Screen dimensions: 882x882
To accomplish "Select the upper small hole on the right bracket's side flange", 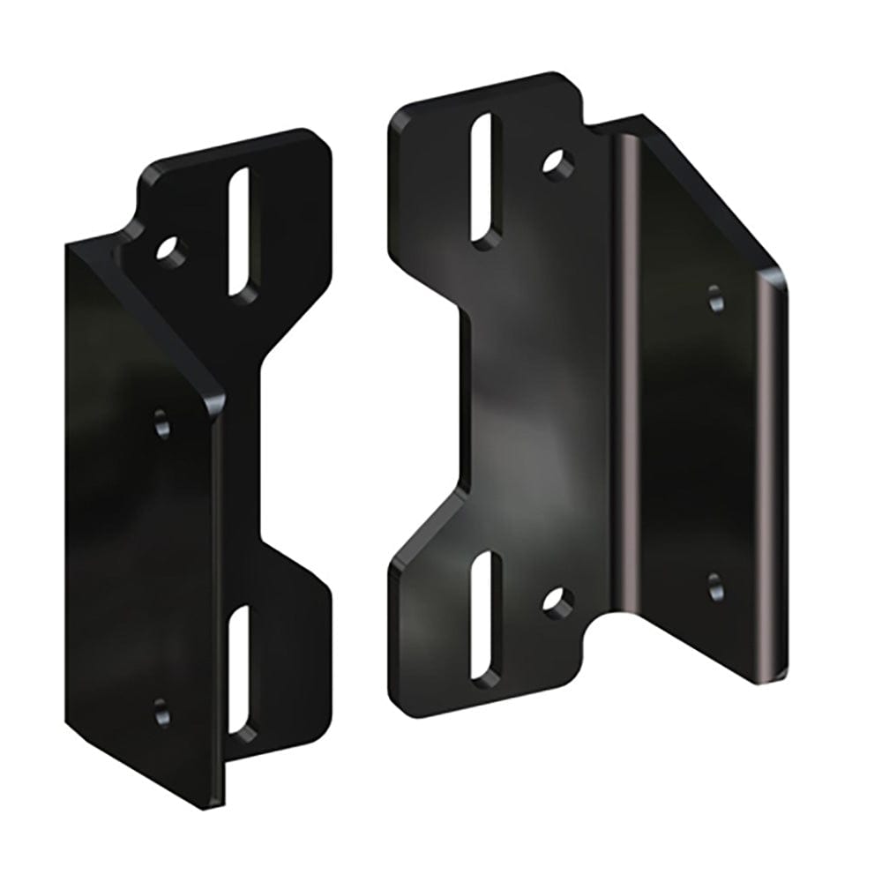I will coord(716,298).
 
